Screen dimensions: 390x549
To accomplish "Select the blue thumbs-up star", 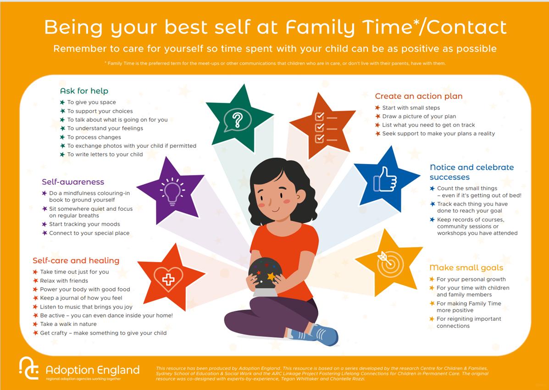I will [x=385, y=180].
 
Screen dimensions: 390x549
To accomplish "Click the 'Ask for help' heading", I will [x=84, y=91].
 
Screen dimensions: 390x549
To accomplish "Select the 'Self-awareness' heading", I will [x=73, y=182].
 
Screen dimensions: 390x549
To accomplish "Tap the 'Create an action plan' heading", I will [x=418, y=96].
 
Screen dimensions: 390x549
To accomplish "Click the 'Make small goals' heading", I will [x=466, y=268].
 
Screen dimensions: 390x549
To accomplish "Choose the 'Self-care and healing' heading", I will [x=76, y=260].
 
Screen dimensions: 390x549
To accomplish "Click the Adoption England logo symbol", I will [x=29, y=368].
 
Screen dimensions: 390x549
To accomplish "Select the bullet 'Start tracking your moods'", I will [x=84, y=224].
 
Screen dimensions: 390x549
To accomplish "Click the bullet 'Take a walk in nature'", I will [x=68, y=324].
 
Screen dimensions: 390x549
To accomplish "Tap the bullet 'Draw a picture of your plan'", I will [x=419, y=116].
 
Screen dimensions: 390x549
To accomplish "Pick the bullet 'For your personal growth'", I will [x=471, y=279].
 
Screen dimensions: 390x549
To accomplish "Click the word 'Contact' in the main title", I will [x=467, y=27].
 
